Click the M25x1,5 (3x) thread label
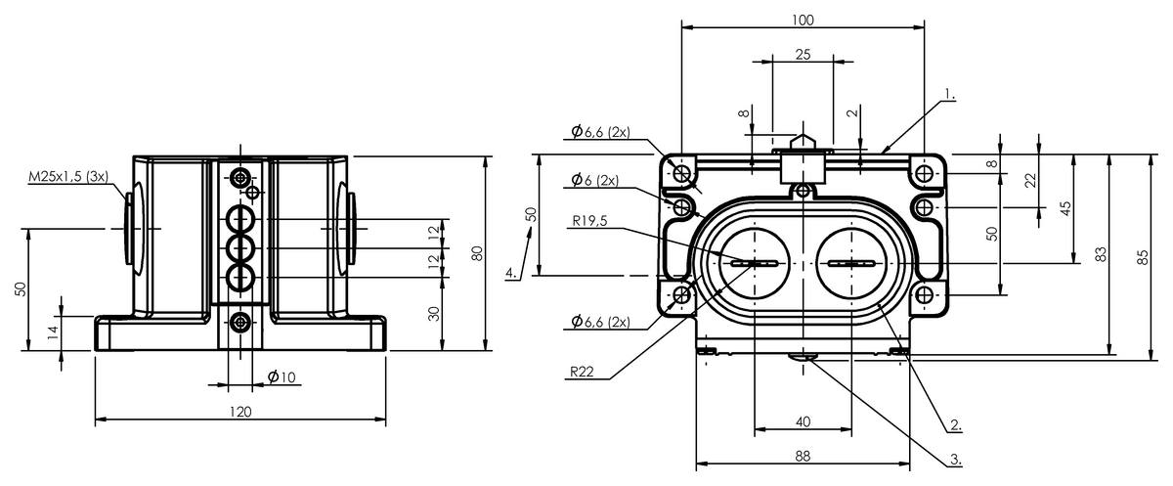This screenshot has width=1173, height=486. pos(68,176)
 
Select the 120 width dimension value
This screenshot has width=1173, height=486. pos(240,412)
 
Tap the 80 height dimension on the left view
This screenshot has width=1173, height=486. pos(477,253)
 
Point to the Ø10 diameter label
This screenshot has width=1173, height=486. pos(282,377)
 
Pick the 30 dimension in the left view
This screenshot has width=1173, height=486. pos(434,313)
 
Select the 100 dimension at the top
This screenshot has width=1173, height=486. pos(803,20)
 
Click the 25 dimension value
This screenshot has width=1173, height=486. pos(802,55)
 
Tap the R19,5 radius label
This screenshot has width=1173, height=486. pos(590,220)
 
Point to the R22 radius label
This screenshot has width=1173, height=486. pos(583,373)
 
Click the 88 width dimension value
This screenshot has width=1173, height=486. pos(802,456)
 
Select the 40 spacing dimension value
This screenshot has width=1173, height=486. pos(803,420)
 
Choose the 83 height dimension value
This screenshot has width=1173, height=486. pos(1102,254)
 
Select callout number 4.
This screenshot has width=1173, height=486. pos(512,273)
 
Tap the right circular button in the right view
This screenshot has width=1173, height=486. pos(851,264)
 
